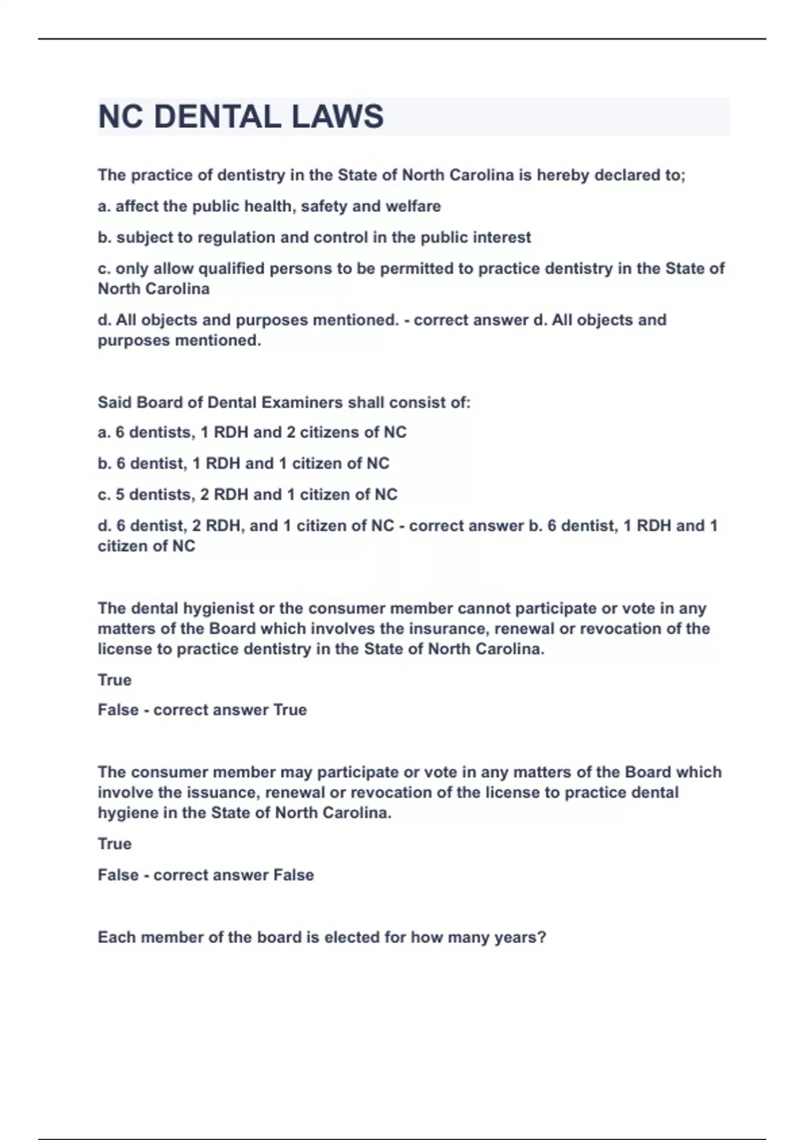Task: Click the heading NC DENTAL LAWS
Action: coord(240,117)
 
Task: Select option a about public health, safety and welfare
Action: coord(269,207)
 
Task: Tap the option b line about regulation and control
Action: coord(314,237)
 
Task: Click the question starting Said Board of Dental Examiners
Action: coord(284,402)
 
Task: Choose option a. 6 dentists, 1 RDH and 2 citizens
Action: coord(252,433)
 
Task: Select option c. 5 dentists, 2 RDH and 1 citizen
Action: coord(248,495)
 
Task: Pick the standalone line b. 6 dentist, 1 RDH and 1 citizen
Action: coord(244,463)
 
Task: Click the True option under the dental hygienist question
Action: coord(115,680)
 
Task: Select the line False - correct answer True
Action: coord(202,710)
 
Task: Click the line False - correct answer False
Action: coord(205,875)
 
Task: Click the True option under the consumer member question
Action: coord(115,844)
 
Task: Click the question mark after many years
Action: coord(542,937)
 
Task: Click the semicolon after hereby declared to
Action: coord(683,176)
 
